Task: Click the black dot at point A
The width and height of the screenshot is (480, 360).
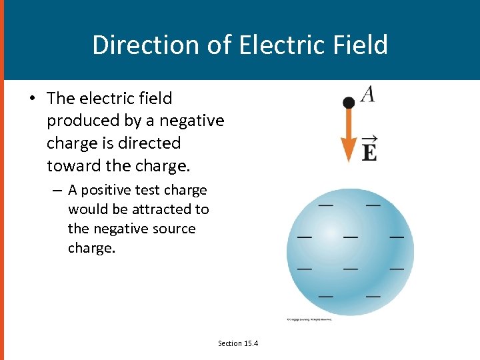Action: click(348, 102)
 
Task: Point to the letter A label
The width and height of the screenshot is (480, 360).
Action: click(368, 94)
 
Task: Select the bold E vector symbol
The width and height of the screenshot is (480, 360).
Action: click(369, 149)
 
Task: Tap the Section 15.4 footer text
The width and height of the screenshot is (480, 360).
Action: click(238, 343)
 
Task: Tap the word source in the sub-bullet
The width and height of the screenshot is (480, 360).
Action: click(171, 229)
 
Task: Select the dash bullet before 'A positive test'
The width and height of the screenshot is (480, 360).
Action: click(58, 190)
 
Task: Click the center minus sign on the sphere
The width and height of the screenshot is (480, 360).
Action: click(349, 235)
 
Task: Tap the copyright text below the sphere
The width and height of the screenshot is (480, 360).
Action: click(309, 319)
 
